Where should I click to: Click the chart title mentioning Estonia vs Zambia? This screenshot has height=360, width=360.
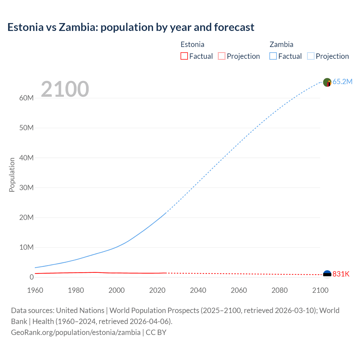coord(131,27)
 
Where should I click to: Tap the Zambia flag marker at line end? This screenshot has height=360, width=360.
coord(327,82)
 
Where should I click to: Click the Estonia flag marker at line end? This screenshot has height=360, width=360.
coord(327,274)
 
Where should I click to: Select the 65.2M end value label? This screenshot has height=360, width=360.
coord(342,82)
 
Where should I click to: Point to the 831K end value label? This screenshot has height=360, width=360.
coord(341,274)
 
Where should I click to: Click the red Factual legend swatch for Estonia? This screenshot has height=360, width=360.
coord(184,56)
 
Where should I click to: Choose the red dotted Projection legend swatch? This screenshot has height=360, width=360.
coord(222,56)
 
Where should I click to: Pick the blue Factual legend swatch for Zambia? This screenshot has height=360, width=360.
coord(273,56)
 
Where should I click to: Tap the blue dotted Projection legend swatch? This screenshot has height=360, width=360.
coord(310,56)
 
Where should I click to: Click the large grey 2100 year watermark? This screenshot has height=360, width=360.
coord(65,89)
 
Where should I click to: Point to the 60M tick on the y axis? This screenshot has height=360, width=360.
coord(26,98)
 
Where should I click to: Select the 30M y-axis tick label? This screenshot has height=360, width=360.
coord(26,188)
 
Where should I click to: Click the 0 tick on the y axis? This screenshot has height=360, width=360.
coord(31,277)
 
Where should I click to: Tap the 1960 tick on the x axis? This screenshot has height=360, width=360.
coord(35,290)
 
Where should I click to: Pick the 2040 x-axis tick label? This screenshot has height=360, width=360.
coord(198,290)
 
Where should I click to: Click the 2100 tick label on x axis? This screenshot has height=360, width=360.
coord(320,290)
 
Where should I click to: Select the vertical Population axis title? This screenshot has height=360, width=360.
coord(12,175)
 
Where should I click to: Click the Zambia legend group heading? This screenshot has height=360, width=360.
coord(281,44)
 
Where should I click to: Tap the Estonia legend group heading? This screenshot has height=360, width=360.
coord(192,44)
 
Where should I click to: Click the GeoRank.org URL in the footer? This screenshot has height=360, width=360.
coord(76,332)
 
